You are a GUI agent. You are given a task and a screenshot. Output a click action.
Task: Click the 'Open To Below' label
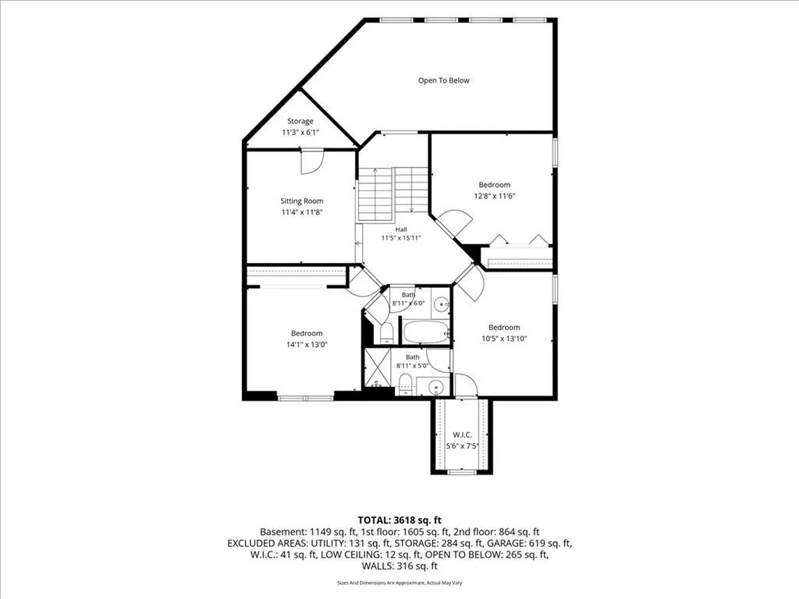(x=443, y=80)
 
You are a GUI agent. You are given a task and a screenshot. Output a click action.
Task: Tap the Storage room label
(x=300, y=121)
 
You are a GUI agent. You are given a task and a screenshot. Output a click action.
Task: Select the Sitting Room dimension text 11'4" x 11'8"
(x=302, y=212)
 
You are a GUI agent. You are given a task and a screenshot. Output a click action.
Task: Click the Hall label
(x=401, y=229)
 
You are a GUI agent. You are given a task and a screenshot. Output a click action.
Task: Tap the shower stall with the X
(x=378, y=367)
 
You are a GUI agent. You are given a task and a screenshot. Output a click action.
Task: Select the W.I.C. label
(x=462, y=435)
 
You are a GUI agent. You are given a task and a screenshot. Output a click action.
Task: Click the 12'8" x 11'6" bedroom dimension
(x=494, y=196)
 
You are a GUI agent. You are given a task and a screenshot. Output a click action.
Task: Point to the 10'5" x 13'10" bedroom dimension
(x=504, y=338)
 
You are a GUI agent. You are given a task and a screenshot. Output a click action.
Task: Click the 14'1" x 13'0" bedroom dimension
(x=307, y=344)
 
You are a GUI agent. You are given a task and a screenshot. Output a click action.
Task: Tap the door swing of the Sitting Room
(x=311, y=161)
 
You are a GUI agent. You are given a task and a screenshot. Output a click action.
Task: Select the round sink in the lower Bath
(x=436, y=388)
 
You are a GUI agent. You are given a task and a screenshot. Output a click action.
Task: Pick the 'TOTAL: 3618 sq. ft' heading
(x=399, y=520)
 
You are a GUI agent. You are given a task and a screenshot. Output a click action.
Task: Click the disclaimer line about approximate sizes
(x=399, y=583)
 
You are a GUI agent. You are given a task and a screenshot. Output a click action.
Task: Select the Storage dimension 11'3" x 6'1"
(x=300, y=133)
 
